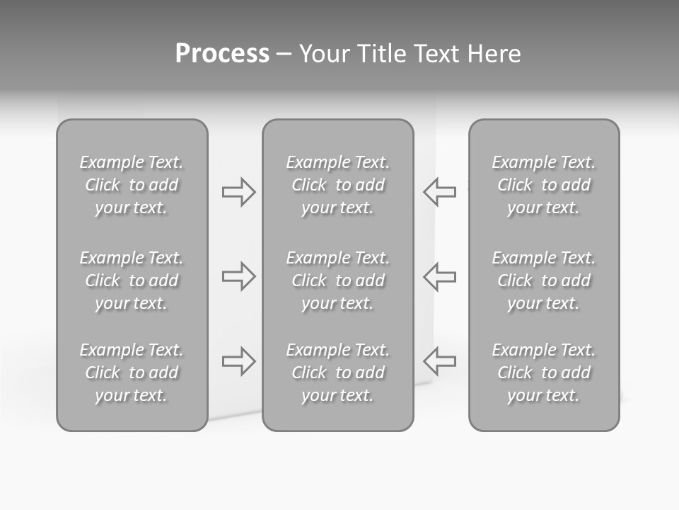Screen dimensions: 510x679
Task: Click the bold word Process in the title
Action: point(222,54)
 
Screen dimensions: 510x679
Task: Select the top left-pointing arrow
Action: point(439,192)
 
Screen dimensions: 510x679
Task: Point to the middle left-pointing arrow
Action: point(439,276)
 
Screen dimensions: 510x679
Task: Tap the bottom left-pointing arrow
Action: point(439,361)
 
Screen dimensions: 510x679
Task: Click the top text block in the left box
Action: point(132,185)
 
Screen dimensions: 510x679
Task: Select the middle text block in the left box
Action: point(132,280)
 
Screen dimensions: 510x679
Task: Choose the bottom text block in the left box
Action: point(132,373)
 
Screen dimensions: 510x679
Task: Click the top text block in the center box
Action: point(338,185)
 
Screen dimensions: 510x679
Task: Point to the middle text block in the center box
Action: point(338,280)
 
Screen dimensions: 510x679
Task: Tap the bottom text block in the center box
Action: point(338,373)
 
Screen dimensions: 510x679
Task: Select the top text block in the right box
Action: point(544,185)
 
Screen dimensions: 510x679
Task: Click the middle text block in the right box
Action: point(544,280)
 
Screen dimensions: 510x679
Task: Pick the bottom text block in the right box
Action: point(544,373)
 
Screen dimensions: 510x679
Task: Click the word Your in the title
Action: point(325,54)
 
